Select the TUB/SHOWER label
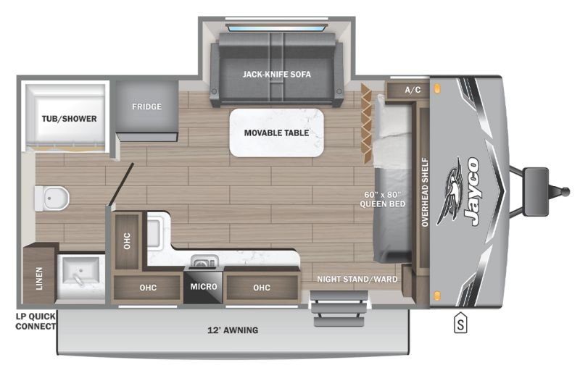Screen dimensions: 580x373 [x=69, y=119]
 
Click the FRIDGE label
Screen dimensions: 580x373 [x=147, y=106]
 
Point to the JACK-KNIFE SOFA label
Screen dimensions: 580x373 [x=277, y=75]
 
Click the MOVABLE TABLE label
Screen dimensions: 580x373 [x=276, y=133]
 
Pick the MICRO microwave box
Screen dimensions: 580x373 [x=204, y=287]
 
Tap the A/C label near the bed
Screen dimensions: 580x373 [x=413, y=90]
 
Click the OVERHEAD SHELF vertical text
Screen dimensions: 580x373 [x=425, y=192]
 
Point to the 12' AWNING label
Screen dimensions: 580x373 [x=233, y=330]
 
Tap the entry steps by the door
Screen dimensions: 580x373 [x=339, y=309]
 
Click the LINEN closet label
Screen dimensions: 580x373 [x=39, y=278]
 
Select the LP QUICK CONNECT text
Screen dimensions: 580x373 [x=36, y=322]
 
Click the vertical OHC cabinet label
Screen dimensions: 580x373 [x=127, y=240]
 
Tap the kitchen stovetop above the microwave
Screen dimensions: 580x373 [x=202, y=261]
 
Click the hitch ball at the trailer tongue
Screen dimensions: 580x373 [x=565, y=190]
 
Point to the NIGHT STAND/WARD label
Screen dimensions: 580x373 [x=357, y=279]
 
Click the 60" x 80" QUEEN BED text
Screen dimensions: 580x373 [x=383, y=199]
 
